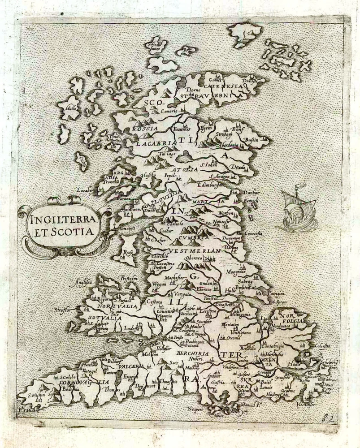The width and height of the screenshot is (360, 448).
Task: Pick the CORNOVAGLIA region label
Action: [83, 383]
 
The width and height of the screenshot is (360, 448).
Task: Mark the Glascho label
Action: [147, 176]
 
